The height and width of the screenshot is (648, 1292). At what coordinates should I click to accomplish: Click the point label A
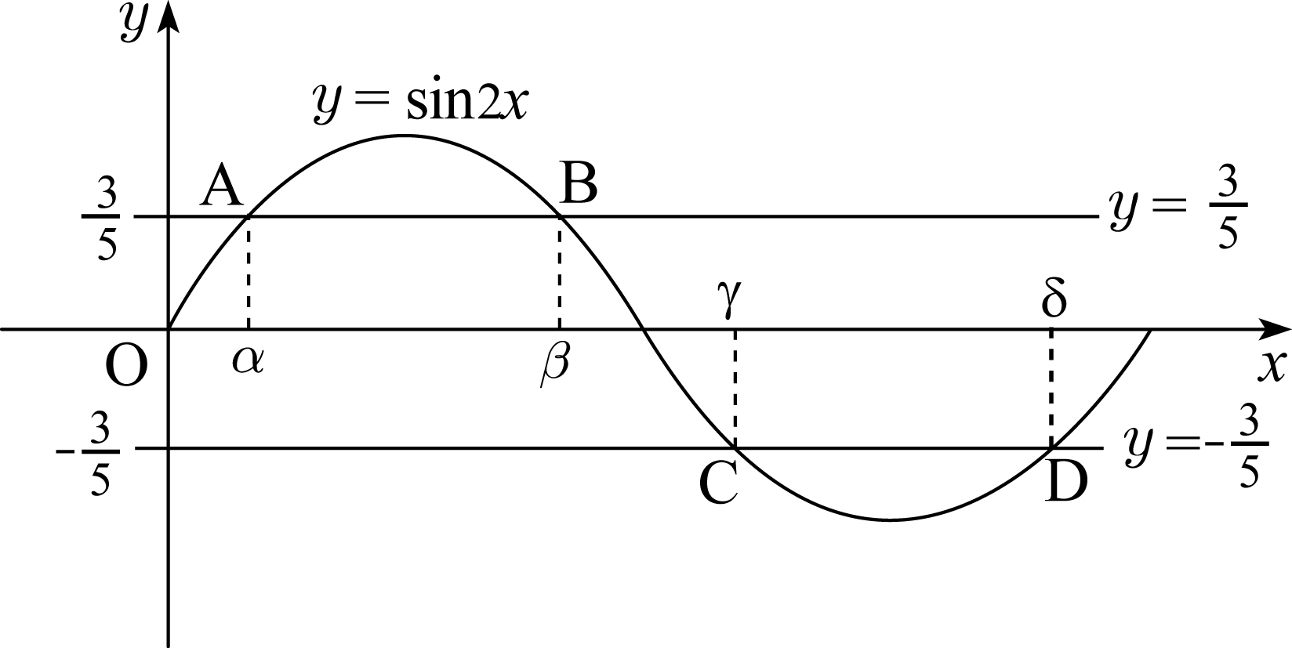(222, 186)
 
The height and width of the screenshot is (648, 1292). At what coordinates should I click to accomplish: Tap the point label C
(718, 483)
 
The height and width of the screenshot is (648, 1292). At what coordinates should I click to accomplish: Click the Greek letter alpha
(248, 361)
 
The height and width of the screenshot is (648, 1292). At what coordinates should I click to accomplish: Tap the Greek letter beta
(555, 365)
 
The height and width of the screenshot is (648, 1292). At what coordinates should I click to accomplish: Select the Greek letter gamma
(729, 298)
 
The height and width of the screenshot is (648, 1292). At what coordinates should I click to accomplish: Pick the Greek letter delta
(1054, 298)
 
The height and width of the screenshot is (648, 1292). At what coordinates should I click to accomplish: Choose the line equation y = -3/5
(1196, 447)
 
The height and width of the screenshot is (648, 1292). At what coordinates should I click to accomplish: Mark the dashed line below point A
(248, 273)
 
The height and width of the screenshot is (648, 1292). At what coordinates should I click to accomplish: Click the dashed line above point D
(1051, 388)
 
